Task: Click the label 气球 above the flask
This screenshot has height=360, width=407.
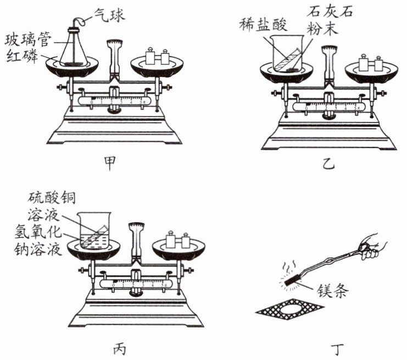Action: click(109, 15)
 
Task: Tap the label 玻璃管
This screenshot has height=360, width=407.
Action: click(29, 40)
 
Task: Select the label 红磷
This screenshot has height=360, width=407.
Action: click(22, 56)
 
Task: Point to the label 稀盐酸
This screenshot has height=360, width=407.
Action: click(263, 25)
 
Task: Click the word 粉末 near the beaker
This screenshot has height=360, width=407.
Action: click(322, 28)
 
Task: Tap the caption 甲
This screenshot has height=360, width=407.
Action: click(110, 163)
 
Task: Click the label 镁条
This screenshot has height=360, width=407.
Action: click(332, 290)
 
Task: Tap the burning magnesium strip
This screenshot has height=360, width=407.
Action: click(293, 280)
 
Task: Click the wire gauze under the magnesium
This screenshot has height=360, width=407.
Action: click(289, 309)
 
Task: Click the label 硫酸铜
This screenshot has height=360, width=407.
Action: click(52, 198)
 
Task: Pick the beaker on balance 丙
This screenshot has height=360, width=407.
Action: click(95, 231)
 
